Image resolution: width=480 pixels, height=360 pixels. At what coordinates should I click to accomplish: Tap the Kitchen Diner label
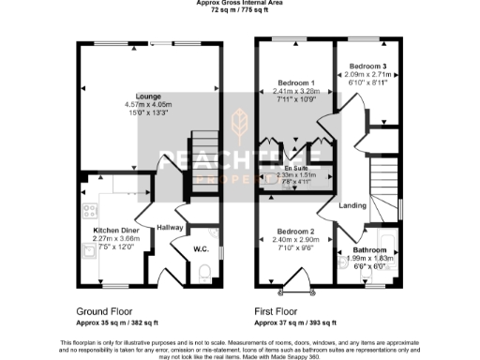point(116,229)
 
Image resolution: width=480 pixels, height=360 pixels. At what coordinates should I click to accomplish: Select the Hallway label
point(170,228)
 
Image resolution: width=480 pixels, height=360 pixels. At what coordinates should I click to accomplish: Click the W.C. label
point(201,248)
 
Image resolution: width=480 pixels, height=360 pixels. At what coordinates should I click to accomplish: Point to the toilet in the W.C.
point(205,273)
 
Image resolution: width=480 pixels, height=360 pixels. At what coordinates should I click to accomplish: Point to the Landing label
point(352,205)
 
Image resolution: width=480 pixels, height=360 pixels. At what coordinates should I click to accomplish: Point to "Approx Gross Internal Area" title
point(240,3)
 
